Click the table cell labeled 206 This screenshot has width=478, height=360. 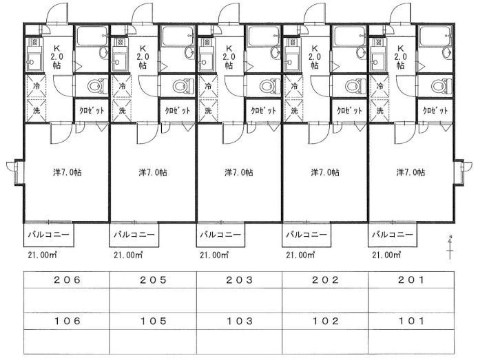click(x=67, y=280)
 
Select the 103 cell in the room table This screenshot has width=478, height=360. click(x=239, y=321)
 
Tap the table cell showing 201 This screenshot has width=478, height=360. click(x=411, y=280)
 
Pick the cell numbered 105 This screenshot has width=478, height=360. click(x=153, y=321)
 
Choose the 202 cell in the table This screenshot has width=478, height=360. click(x=325, y=280)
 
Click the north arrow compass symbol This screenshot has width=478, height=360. click(x=450, y=247)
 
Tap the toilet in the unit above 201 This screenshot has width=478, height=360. click(x=441, y=85)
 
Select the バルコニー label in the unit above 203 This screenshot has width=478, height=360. click(x=220, y=235)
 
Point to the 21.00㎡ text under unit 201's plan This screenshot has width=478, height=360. click(x=386, y=255)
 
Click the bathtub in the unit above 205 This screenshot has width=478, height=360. click(x=178, y=36)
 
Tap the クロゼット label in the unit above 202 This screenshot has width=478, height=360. click(x=349, y=110)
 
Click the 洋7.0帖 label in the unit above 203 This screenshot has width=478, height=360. click(x=239, y=172)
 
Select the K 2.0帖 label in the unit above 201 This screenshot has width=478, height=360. click(x=401, y=56)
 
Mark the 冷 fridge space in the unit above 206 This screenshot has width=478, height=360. click(x=37, y=85)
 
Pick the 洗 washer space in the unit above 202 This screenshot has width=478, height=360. click(x=294, y=110)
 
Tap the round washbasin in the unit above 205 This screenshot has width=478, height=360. click(x=189, y=53)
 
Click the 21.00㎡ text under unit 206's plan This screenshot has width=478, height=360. click(x=42, y=255)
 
